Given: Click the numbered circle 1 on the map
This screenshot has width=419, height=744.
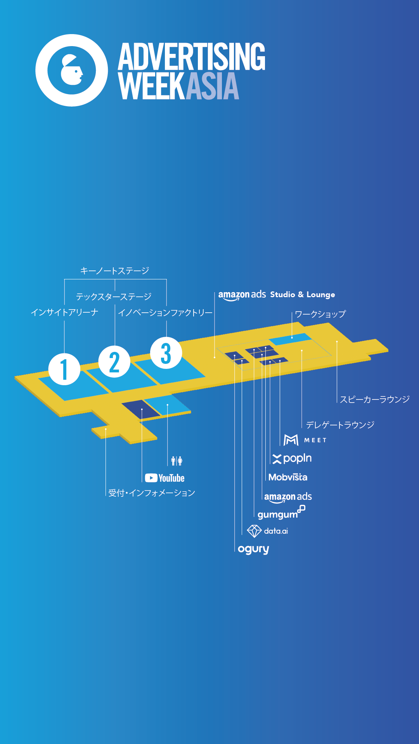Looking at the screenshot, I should (x=64, y=369).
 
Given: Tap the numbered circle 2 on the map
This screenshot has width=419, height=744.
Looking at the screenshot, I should (x=114, y=362).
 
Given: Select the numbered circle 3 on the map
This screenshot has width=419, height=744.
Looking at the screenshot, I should (x=166, y=353).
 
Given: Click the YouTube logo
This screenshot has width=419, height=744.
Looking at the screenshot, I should (x=164, y=478).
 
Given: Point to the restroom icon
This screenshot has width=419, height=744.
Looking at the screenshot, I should (x=177, y=461).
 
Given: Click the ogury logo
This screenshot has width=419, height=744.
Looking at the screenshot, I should (x=253, y=549).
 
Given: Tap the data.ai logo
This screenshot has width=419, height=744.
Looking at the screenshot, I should (x=268, y=531).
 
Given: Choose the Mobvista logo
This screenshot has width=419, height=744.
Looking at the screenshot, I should (x=288, y=477).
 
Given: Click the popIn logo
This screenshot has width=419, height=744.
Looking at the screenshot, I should (x=292, y=458).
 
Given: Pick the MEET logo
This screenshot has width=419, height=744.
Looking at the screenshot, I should (x=305, y=440).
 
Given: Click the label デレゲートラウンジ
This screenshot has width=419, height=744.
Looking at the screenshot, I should (x=340, y=425).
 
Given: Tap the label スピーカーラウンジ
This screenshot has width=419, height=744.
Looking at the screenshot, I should (x=374, y=399).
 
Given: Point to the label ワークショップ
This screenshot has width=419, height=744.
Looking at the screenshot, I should (x=320, y=314).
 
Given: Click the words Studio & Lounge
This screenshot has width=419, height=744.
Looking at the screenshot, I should (x=302, y=294).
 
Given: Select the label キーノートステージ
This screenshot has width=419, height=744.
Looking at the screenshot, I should (x=114, y=270).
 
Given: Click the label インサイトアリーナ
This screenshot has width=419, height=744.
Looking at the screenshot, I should (x=64, y=312).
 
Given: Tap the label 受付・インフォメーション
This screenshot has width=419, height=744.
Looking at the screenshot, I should (x=151, y=493).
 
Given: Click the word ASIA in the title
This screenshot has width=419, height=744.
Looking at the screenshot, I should (x=212, y=86).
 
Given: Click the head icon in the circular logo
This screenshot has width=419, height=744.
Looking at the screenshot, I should (x=72, y=70).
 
